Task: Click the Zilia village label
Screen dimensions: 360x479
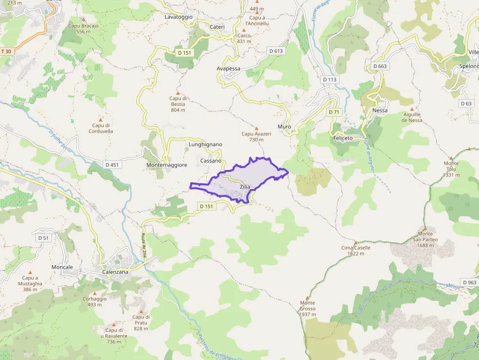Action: pos(245,187)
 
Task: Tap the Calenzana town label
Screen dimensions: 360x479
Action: pos(115,272)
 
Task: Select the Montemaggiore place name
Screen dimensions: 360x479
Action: pos(167,165)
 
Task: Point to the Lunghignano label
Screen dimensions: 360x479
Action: pos(205,145)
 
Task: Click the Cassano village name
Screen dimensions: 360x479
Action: pos(211,160)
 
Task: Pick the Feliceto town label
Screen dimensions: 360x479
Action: pos(343,138)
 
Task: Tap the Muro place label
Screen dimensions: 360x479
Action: pos(284,127)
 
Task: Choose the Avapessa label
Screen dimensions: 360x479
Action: pos(229,68)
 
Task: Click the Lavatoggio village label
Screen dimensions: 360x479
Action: pos(178,17)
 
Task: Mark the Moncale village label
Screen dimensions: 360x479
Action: pos(62,267)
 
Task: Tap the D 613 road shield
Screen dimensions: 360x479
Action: pos(276,51)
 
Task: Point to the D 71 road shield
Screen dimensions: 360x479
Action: pos(334,112)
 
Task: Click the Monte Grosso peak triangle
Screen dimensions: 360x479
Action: pos(307,297)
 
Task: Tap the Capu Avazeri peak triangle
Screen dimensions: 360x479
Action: pos(256,128)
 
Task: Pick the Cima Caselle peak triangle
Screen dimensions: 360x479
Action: pos(355,242)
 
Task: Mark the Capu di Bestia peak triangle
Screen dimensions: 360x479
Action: pos(178,92)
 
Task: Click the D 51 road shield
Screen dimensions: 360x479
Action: pos(43,238)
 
